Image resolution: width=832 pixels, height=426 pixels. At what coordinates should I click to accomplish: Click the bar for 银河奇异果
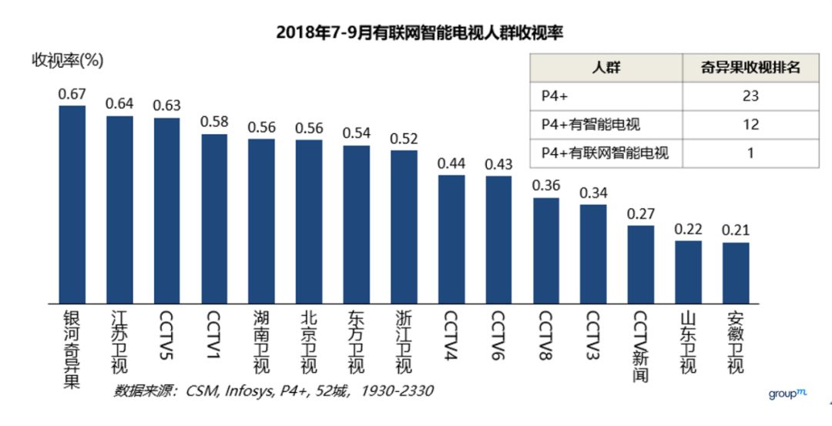click(72, 204)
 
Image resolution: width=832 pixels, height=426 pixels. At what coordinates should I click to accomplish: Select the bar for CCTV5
click(166, 210)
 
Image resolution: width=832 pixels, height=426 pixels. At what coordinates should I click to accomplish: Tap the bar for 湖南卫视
click(262, 221)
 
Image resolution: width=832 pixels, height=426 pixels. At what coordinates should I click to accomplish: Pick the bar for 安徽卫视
click(736, 273)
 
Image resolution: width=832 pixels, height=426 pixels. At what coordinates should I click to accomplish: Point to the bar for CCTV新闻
click(640, 264)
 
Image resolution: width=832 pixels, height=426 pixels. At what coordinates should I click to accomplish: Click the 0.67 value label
click(72, 94)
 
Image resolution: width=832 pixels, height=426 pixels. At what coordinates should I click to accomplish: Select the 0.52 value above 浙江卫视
click(404, 139)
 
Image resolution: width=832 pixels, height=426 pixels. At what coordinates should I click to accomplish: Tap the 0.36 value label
click(546, 186)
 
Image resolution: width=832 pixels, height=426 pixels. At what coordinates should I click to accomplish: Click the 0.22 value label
click(688, 229)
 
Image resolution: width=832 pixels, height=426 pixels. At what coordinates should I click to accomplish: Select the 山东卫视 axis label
click(689, 342)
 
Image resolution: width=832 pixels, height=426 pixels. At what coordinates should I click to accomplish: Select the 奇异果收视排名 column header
click(750, 68)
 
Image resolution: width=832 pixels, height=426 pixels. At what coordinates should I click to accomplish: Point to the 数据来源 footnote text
click(273, 391)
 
